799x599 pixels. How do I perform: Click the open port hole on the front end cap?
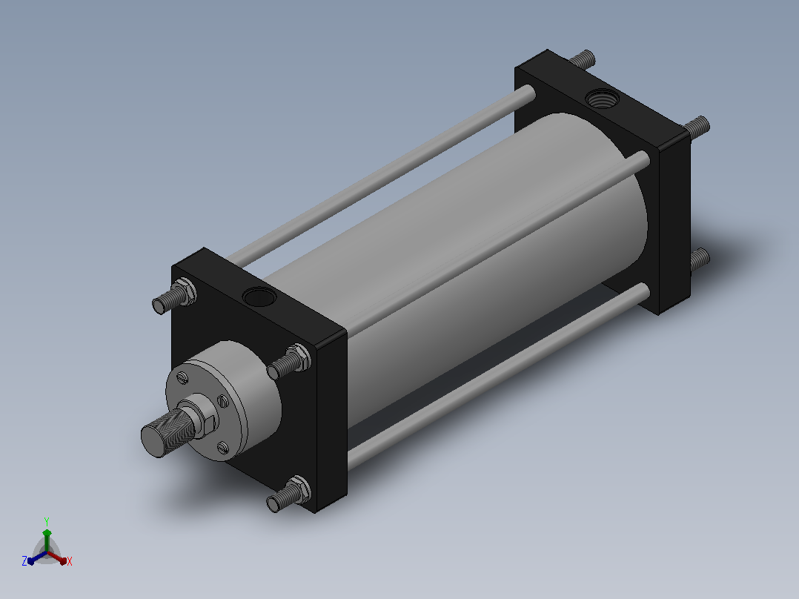(x=259, y=297)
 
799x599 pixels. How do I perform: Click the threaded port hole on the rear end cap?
(x=603, y=98)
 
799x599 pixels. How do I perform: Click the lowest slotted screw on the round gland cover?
(x=223, y=448)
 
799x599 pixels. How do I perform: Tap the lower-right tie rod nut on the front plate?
(x=299, y=489)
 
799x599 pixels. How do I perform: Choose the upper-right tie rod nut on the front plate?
(x=299, y=357)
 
